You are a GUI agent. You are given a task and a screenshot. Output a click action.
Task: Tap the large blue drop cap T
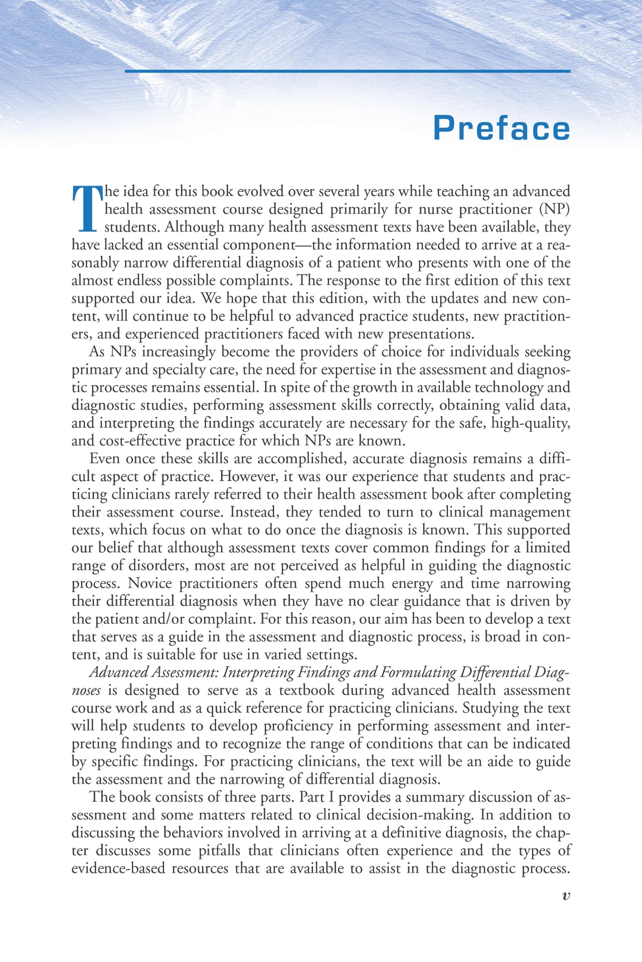coord(87,208)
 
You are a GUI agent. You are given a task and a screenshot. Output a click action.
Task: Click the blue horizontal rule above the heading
coord(347,71)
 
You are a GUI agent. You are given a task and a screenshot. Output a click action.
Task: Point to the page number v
coord(566,896)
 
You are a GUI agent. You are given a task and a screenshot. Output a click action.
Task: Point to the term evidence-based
coord(118,868)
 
